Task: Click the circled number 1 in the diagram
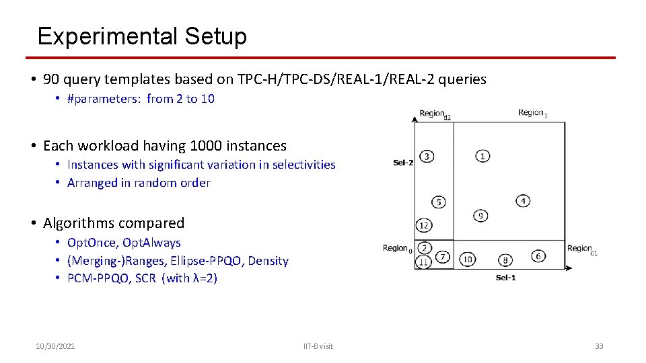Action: click(x=482, y=157)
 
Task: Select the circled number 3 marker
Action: click(x=426, y=157)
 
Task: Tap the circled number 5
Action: click(x=439, y=202)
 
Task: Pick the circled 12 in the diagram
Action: click(x=424, y=225)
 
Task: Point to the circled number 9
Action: click(x=480, y=216)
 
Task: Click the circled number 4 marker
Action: click(x=524, y=200)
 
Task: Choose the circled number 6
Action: click(x=538, y=256)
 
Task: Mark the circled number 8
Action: click(x=505, y=260)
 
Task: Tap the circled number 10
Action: click(x=468, y=259)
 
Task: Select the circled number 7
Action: click(x=442, y=257)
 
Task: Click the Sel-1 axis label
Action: click(x=505, y=278)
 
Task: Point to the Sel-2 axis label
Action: click(x=403, y=162)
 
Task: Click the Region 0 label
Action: click(x=397, y=249)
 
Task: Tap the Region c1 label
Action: click(x=582, y=249)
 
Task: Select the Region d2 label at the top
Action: click(x=435, y=114)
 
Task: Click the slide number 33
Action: click(x=599, y=346)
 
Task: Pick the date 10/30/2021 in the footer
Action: click(x=55, y=346)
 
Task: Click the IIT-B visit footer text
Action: click(x=318, y=346)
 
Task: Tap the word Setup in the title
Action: click(x=213, y=36)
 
